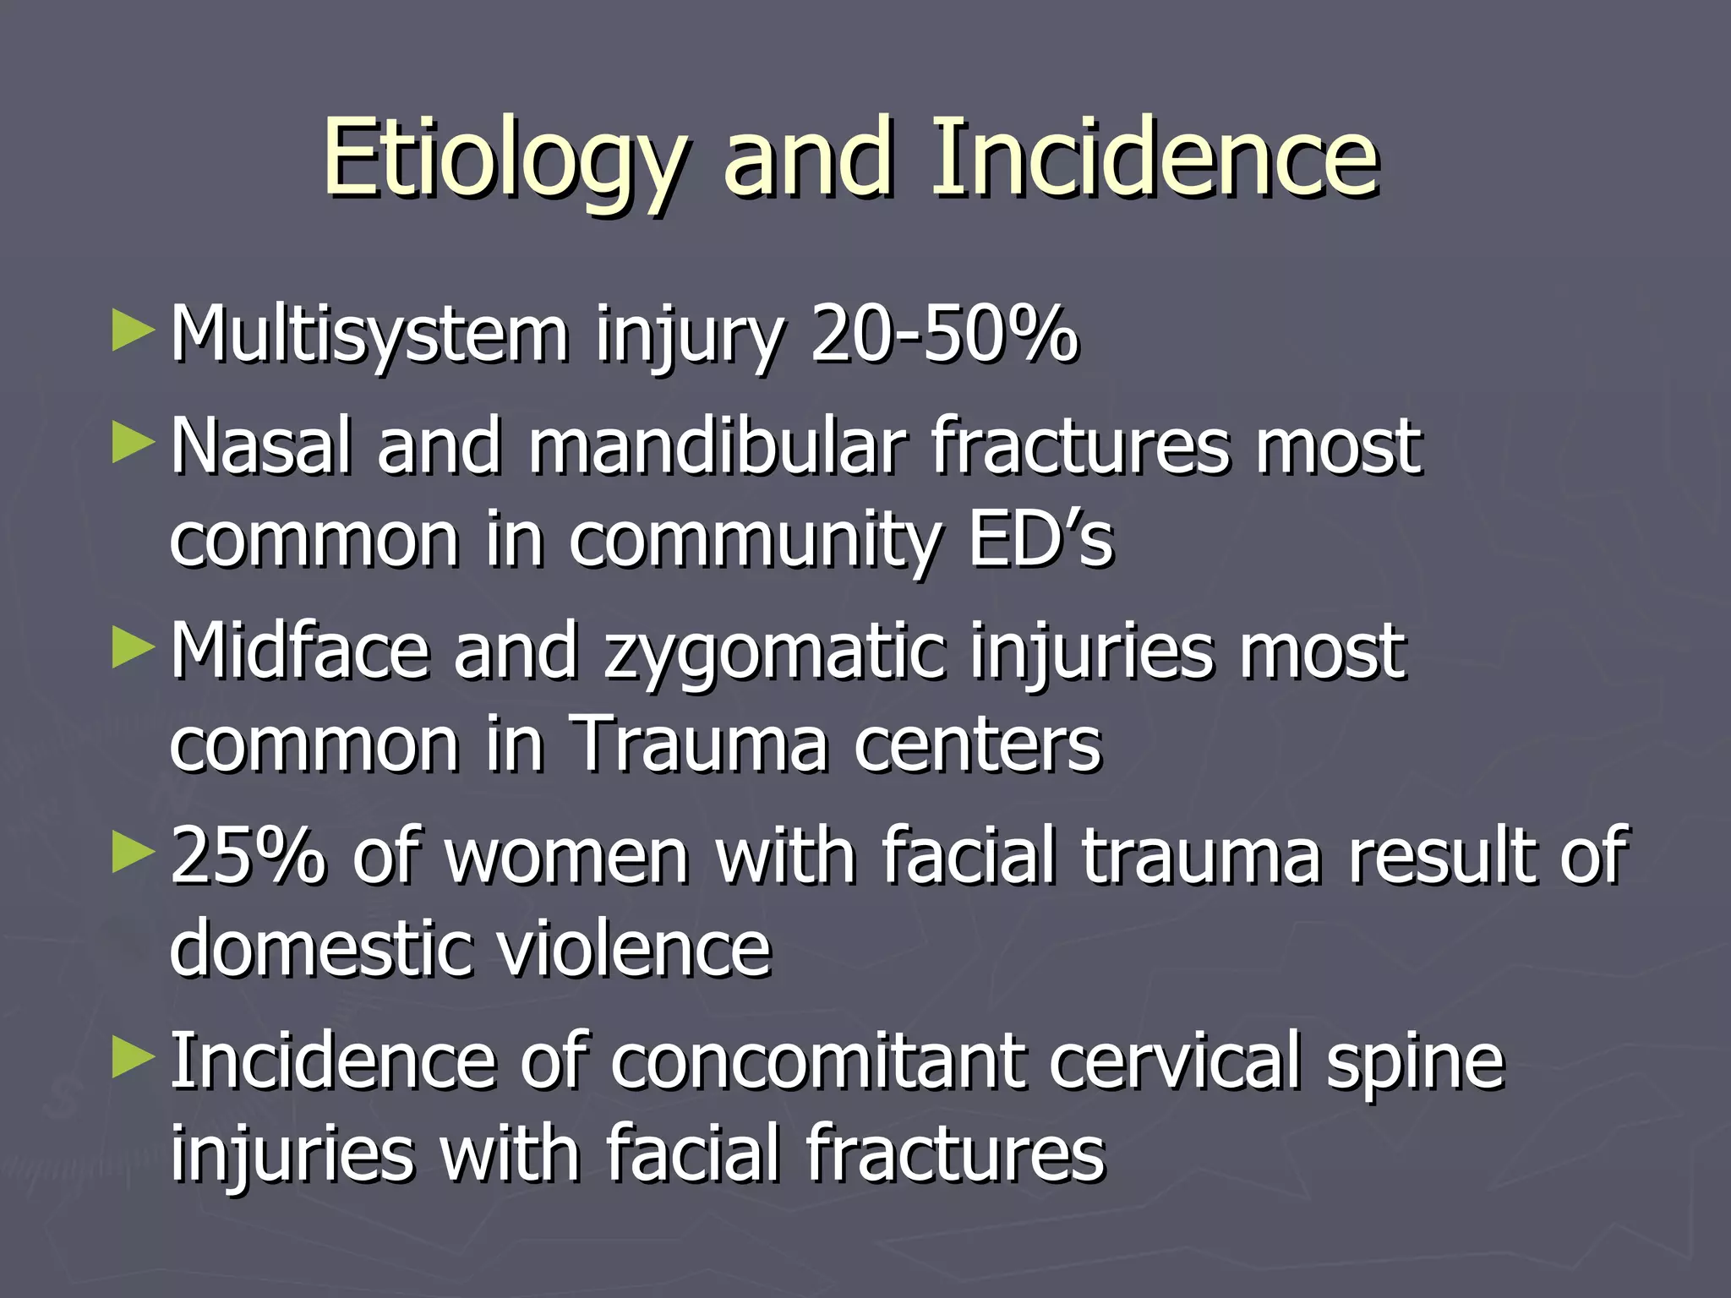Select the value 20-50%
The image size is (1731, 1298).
(x=943, y=335)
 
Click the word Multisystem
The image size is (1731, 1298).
(x=369, y=335)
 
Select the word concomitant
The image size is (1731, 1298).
(x=817, y=1061)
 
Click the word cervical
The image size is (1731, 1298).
(x=1174, y=1061)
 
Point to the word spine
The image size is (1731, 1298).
(x=1415, y=1063)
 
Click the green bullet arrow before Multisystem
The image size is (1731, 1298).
(x=133, y=330)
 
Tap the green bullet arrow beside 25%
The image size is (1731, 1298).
(x=133, y=852)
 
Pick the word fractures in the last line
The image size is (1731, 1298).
(x=954, y=1153)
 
